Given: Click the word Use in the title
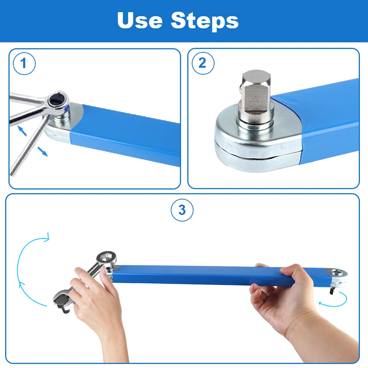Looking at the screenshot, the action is [x=140, y=20].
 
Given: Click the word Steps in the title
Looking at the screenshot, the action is [x=205, y=21].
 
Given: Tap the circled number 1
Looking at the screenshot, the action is [x=24, y=64].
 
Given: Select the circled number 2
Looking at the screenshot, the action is [x=203, y=63].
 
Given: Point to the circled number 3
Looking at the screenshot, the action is [x=182, y=210].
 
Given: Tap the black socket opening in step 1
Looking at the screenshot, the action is [x=56, y=100].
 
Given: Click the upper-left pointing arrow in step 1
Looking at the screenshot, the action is [x=22, y=131].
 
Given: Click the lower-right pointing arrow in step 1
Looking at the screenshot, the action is [x=42, y=152].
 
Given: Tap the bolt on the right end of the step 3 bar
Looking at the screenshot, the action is [x=337, y=272].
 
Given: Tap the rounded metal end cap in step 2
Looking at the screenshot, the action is [x=256, y=141].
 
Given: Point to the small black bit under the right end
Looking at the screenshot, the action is [x=332, y=291].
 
